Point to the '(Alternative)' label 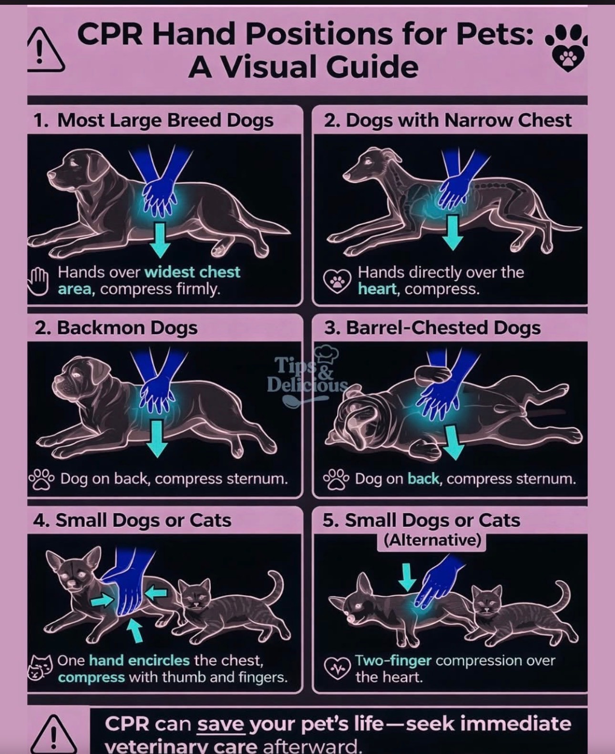[x=432, y=540]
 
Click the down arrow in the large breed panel [x=160, y=240]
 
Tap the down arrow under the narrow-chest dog [x=452, y=233]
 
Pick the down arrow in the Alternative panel [x=407, y=577]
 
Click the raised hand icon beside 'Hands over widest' [x=38, y=281]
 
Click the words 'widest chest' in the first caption [x=193, y=272]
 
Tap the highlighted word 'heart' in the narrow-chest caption [x=378, y=289]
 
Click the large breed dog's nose [x=52, y=175]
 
